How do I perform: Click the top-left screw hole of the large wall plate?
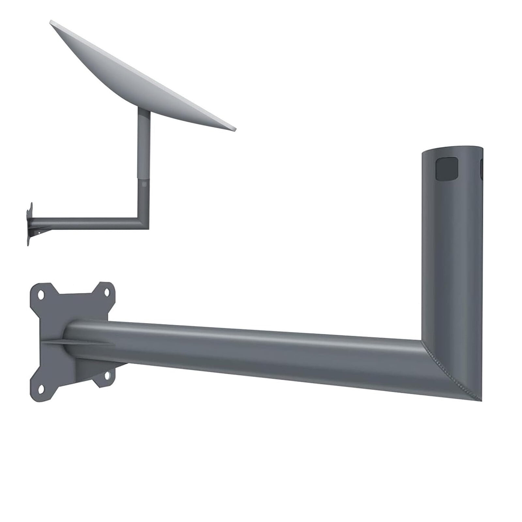(41, 295)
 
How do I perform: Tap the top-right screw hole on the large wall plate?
(107, 292)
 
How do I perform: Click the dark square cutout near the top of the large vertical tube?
(447, 169)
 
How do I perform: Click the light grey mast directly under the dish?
(144, 144)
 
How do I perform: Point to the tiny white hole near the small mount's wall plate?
(39, 233)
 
